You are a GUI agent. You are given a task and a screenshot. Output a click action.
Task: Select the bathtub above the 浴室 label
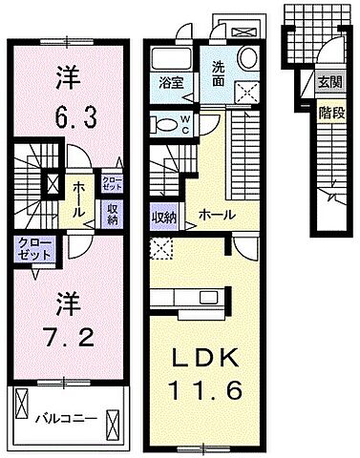pos(172,55)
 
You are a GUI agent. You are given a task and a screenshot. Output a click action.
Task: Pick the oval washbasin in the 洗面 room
pos(246,58)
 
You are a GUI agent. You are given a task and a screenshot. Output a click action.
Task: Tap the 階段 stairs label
pos(329,112)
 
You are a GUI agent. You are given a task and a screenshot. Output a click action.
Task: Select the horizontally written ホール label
pos(217,216)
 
